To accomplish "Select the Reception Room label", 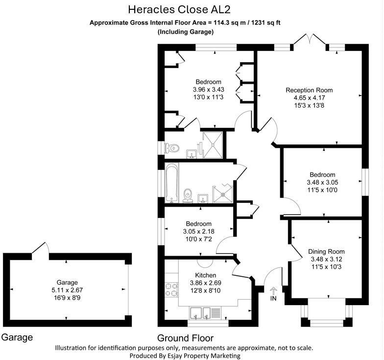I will tap(309, 90).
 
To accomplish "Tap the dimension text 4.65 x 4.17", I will tap(309, 97).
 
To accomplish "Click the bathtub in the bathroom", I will tap(170, 182).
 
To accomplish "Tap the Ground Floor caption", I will tap(185, 338).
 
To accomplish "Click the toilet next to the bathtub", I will tap(187, 196).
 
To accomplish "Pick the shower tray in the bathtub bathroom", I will tap(223, 192).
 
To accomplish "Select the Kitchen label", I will tap(206, 275).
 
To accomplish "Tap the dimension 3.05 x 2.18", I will tap(198, 232).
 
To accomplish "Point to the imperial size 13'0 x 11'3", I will tap(208, 97).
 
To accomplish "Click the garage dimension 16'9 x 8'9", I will tap(67, 297).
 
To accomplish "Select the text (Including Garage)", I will tap(185, 32).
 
